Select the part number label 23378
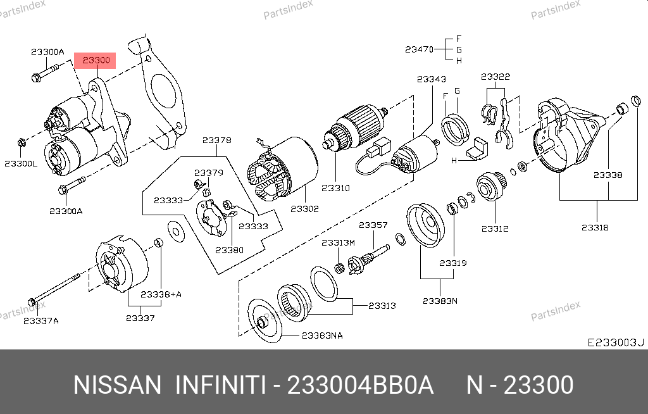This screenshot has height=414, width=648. (x=216, y=141)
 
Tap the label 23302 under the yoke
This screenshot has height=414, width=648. (x=304, y=209)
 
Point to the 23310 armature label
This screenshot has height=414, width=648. (x=335, y=188)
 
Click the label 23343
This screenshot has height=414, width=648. (x=432, y=79)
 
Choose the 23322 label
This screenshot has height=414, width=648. (x=495, y=77)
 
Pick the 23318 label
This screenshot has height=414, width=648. (x=595, y=227)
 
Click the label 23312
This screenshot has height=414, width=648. (x=494, y=229)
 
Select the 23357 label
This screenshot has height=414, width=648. (x=373, y=225)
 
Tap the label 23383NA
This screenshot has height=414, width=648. (x=322, y=336)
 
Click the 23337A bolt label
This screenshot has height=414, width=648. (x=41, y=320)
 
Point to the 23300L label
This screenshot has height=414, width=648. (x=21, y=163)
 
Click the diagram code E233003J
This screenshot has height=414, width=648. (x=615, y=342)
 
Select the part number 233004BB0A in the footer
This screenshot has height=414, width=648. (x=361, y=385)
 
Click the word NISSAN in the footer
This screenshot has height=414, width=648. (x=118, y=385)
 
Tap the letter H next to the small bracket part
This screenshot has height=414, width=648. (x=454, y=161)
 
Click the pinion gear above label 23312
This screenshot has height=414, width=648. (x=490, y=186)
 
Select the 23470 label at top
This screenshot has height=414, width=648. (x=419, y=49)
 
